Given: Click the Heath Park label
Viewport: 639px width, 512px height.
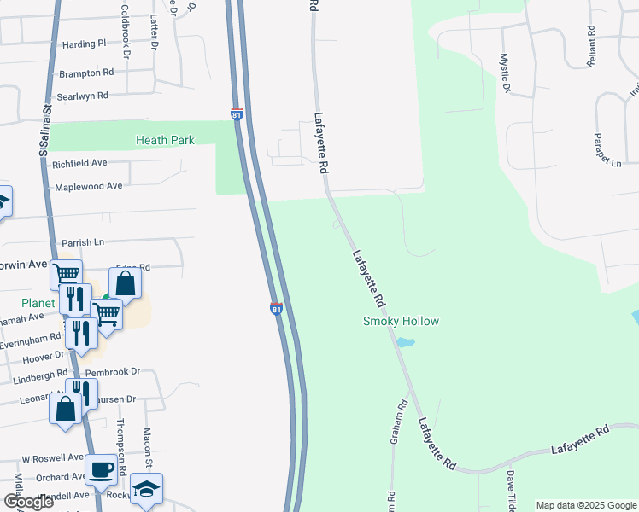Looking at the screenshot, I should pyautogui.click(x=165, y=141).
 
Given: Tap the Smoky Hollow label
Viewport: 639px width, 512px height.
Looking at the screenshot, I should pyautogui.click(x=401, y=322).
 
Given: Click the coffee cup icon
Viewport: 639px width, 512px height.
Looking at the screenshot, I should pyautogui.click(x=102, y=468).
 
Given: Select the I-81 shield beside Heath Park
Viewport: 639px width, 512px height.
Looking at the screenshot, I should pyautogui.click(x=237, y=113).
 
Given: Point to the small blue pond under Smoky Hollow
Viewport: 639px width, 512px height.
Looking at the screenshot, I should pyautogui.click(x=406, y=343).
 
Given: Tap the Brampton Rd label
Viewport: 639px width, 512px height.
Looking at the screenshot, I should pyautogui.click(x=85, y=73).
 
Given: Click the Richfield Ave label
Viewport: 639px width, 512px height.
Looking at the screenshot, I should pyautogui.click(x=79, y=163).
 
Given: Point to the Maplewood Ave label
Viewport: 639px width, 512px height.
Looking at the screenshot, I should pyautogui.click(x=90, y=186).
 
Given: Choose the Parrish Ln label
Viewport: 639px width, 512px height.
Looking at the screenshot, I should pyautogui.click(x=82, y=243).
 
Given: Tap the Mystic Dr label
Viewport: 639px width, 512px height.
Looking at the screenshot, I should pyautogui.click(x=505, y=73).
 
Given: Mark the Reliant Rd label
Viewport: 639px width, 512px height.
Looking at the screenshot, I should pyautogui.click(x=590, y=41).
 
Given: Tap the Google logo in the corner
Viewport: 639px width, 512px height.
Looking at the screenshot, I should pyautogui.click(x=28, y=502).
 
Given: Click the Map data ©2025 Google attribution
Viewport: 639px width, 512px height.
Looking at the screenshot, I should pyautogui.click(x=586, y=505).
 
